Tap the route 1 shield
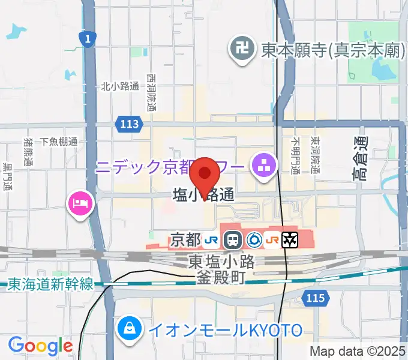[x=88, y=40]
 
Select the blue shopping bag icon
[x=128, y=328]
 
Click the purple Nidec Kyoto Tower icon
[x=263, y=163]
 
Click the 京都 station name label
[x=185, y=240]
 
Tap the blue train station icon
[x=232, y=241]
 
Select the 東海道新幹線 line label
[x=50, y=284]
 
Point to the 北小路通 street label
[x=120, y=86]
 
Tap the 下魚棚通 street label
[x=59, y=142]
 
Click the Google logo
[x=40, y=346]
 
